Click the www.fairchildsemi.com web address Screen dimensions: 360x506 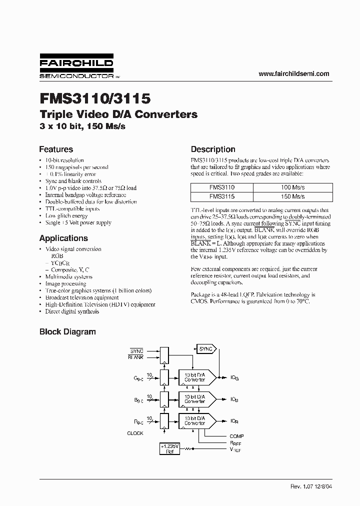[x=293, y=73]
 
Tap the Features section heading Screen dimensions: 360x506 [x=56, y=149]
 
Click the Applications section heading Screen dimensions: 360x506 [x=63, y=238]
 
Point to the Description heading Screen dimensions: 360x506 [x=213, y=149]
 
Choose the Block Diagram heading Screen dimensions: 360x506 [x=67, y=331]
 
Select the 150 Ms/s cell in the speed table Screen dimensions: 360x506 [x=292, y=196]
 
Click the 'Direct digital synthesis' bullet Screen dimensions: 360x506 [x=72, y=311]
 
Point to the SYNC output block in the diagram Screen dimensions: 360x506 [x=205, y=349]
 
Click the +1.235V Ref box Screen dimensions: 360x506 [x=169, y=448]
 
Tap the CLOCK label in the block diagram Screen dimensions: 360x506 [x=135, y=433]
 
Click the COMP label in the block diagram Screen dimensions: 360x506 [x=236, y=436]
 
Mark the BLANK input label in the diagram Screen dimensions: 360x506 [x=135, y=357]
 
